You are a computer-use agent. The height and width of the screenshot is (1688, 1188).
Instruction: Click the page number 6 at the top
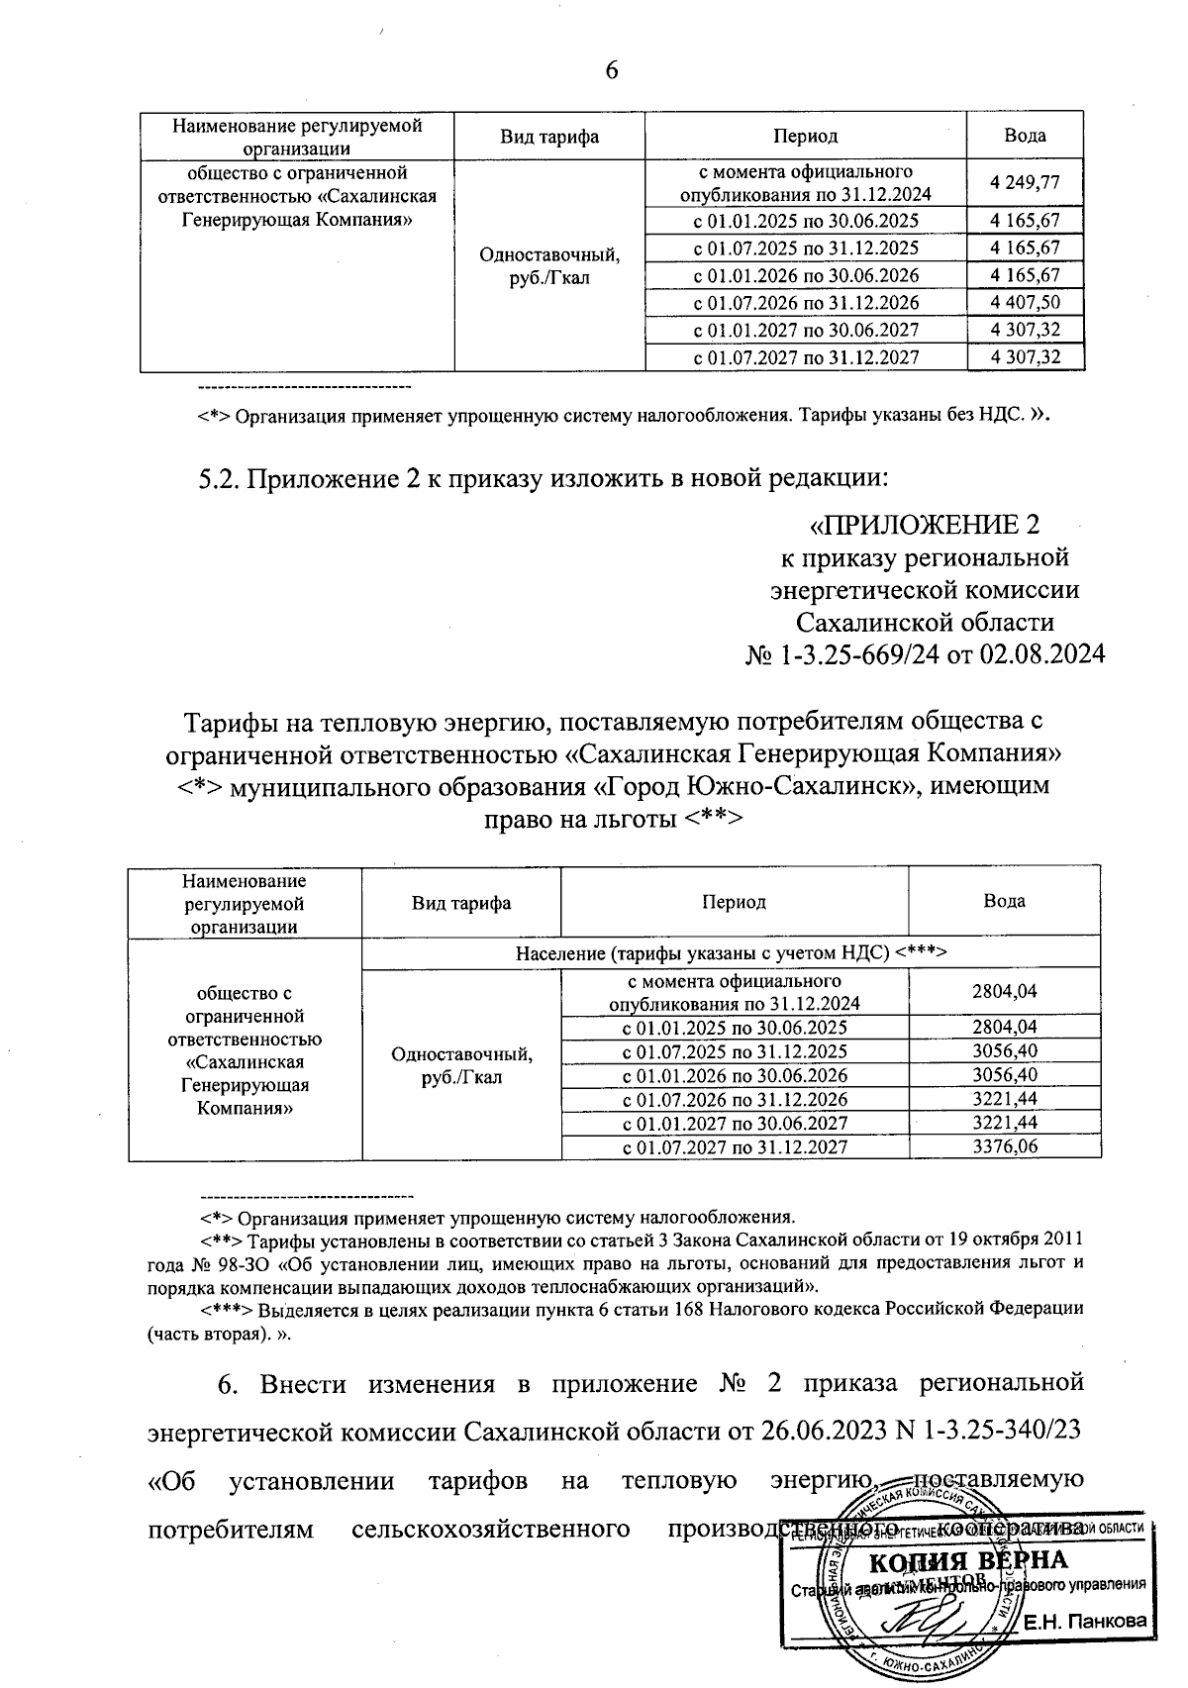(610, 69)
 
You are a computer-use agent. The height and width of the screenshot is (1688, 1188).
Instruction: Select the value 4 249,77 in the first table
(1025, 183)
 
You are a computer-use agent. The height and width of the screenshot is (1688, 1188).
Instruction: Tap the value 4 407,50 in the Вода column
(1025, 302)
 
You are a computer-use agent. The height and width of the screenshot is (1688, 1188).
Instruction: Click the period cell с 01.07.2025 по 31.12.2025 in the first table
(805, 248)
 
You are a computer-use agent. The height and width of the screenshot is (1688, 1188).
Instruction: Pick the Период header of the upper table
(805, 136)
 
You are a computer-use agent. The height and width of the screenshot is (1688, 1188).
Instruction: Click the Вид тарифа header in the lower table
(460, 902)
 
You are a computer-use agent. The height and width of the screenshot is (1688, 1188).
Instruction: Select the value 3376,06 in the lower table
(1004, 1147)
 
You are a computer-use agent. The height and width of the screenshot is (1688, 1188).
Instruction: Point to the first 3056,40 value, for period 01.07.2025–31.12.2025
(1004, 1051)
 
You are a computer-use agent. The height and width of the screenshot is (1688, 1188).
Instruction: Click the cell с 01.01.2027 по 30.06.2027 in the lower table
(734, 1124)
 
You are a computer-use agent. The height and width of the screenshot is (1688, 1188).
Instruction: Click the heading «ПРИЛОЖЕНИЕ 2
(925, 524)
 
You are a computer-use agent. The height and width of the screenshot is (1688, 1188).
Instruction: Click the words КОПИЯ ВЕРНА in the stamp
(967, 1562)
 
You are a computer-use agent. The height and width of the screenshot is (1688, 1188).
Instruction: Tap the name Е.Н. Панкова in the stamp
(1084, 1622)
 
